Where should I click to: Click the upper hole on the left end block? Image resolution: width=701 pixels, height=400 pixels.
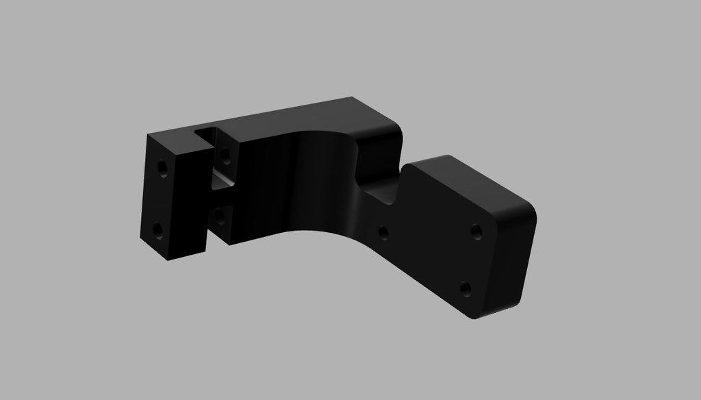[162, 167]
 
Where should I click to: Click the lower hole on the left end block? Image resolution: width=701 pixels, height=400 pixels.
[158, 229]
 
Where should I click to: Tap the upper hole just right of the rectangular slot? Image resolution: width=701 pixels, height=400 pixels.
[225, 155]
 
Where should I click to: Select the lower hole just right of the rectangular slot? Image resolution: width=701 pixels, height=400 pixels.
[219, 216]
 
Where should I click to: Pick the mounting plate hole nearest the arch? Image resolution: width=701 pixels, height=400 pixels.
[383, 233]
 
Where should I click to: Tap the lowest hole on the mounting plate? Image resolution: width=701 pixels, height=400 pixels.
[466, 288]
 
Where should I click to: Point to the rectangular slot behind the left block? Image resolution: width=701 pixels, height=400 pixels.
[218, 179]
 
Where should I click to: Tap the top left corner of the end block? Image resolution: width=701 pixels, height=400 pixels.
[149, 135]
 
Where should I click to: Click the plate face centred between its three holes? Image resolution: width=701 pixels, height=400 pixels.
[442, 251]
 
